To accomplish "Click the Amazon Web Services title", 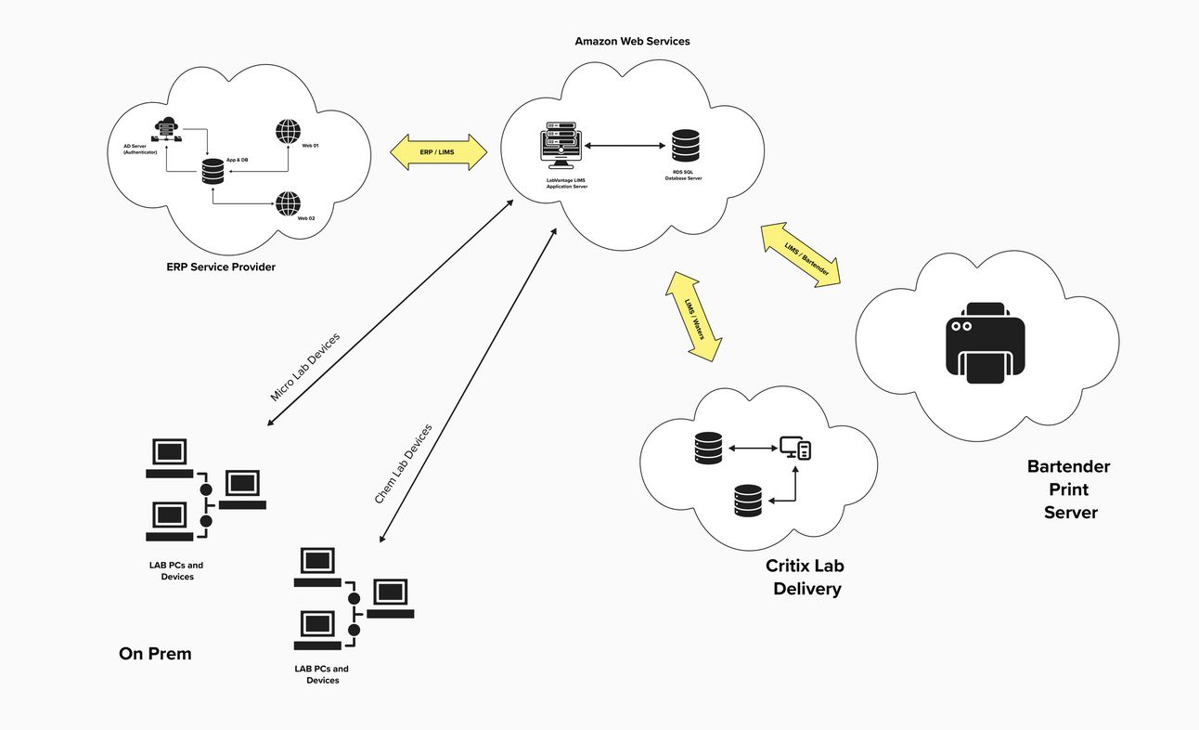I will (x=632, y=42).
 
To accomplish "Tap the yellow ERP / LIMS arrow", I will (x=438, y=151).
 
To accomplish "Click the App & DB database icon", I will (x=213, y=172).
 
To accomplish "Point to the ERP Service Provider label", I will (x=221, y=267).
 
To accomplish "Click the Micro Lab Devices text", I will (x=305, y=366).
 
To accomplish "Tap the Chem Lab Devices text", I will (x=403, y=464).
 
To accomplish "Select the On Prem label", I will (x=155, y=654).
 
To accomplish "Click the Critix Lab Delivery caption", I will (x=806, y=577).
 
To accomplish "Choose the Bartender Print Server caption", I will (x=1069, y=489).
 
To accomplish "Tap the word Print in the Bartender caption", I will (x=1069, y=489).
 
